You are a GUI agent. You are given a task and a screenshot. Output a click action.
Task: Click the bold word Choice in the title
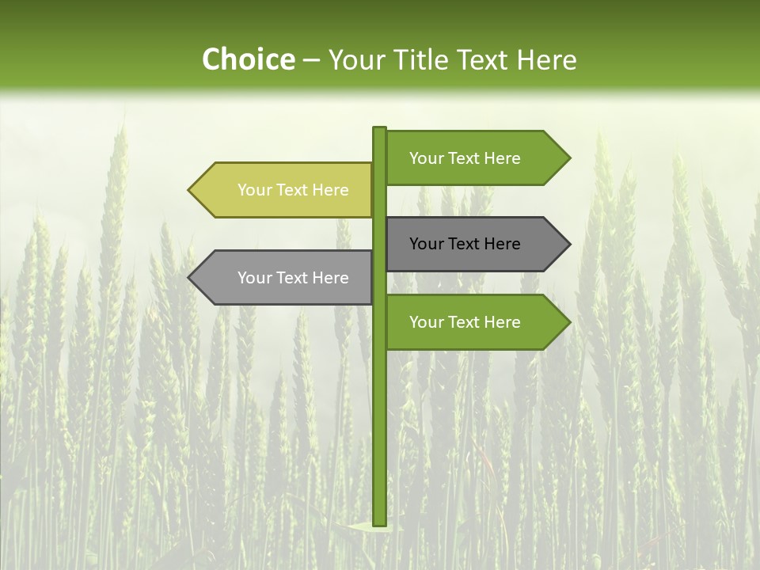click(x=248, y=60)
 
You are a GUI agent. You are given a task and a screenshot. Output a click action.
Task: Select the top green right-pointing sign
click(x=467, y=158)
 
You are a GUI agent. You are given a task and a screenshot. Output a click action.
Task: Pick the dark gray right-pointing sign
click(x=467, y=244)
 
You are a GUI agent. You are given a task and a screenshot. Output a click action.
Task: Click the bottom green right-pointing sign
click(x=467, y=322)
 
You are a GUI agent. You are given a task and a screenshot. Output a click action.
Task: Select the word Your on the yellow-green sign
click(x=254, y=190)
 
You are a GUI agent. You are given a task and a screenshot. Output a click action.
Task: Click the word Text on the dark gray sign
click(x=465, y=244)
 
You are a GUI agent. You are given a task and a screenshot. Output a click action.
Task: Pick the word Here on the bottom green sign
click(x=501, y=322)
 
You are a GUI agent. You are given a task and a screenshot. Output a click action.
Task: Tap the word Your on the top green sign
click(x=426, y=158)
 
